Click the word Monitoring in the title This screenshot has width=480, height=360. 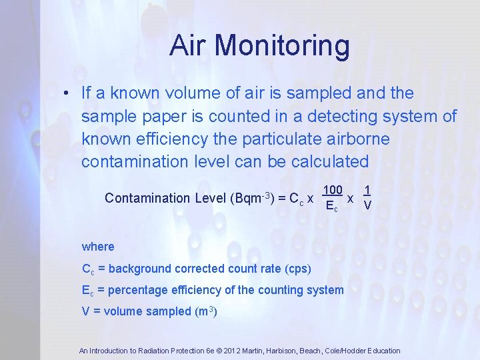coord(282,45)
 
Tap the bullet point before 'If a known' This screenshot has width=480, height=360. coord(67,93)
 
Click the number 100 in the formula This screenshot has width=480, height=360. coord(333,190)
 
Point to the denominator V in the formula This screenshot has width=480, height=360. coord(367,206)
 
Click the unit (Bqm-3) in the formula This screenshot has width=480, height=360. coord(252,198)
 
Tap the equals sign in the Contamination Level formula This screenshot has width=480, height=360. coord(282,198)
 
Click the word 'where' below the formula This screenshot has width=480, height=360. coord(98,247)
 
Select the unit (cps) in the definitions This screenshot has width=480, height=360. coord(297,269)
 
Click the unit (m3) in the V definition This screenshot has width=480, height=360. coord(205,311)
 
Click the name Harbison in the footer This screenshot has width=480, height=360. coord(287,351)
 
